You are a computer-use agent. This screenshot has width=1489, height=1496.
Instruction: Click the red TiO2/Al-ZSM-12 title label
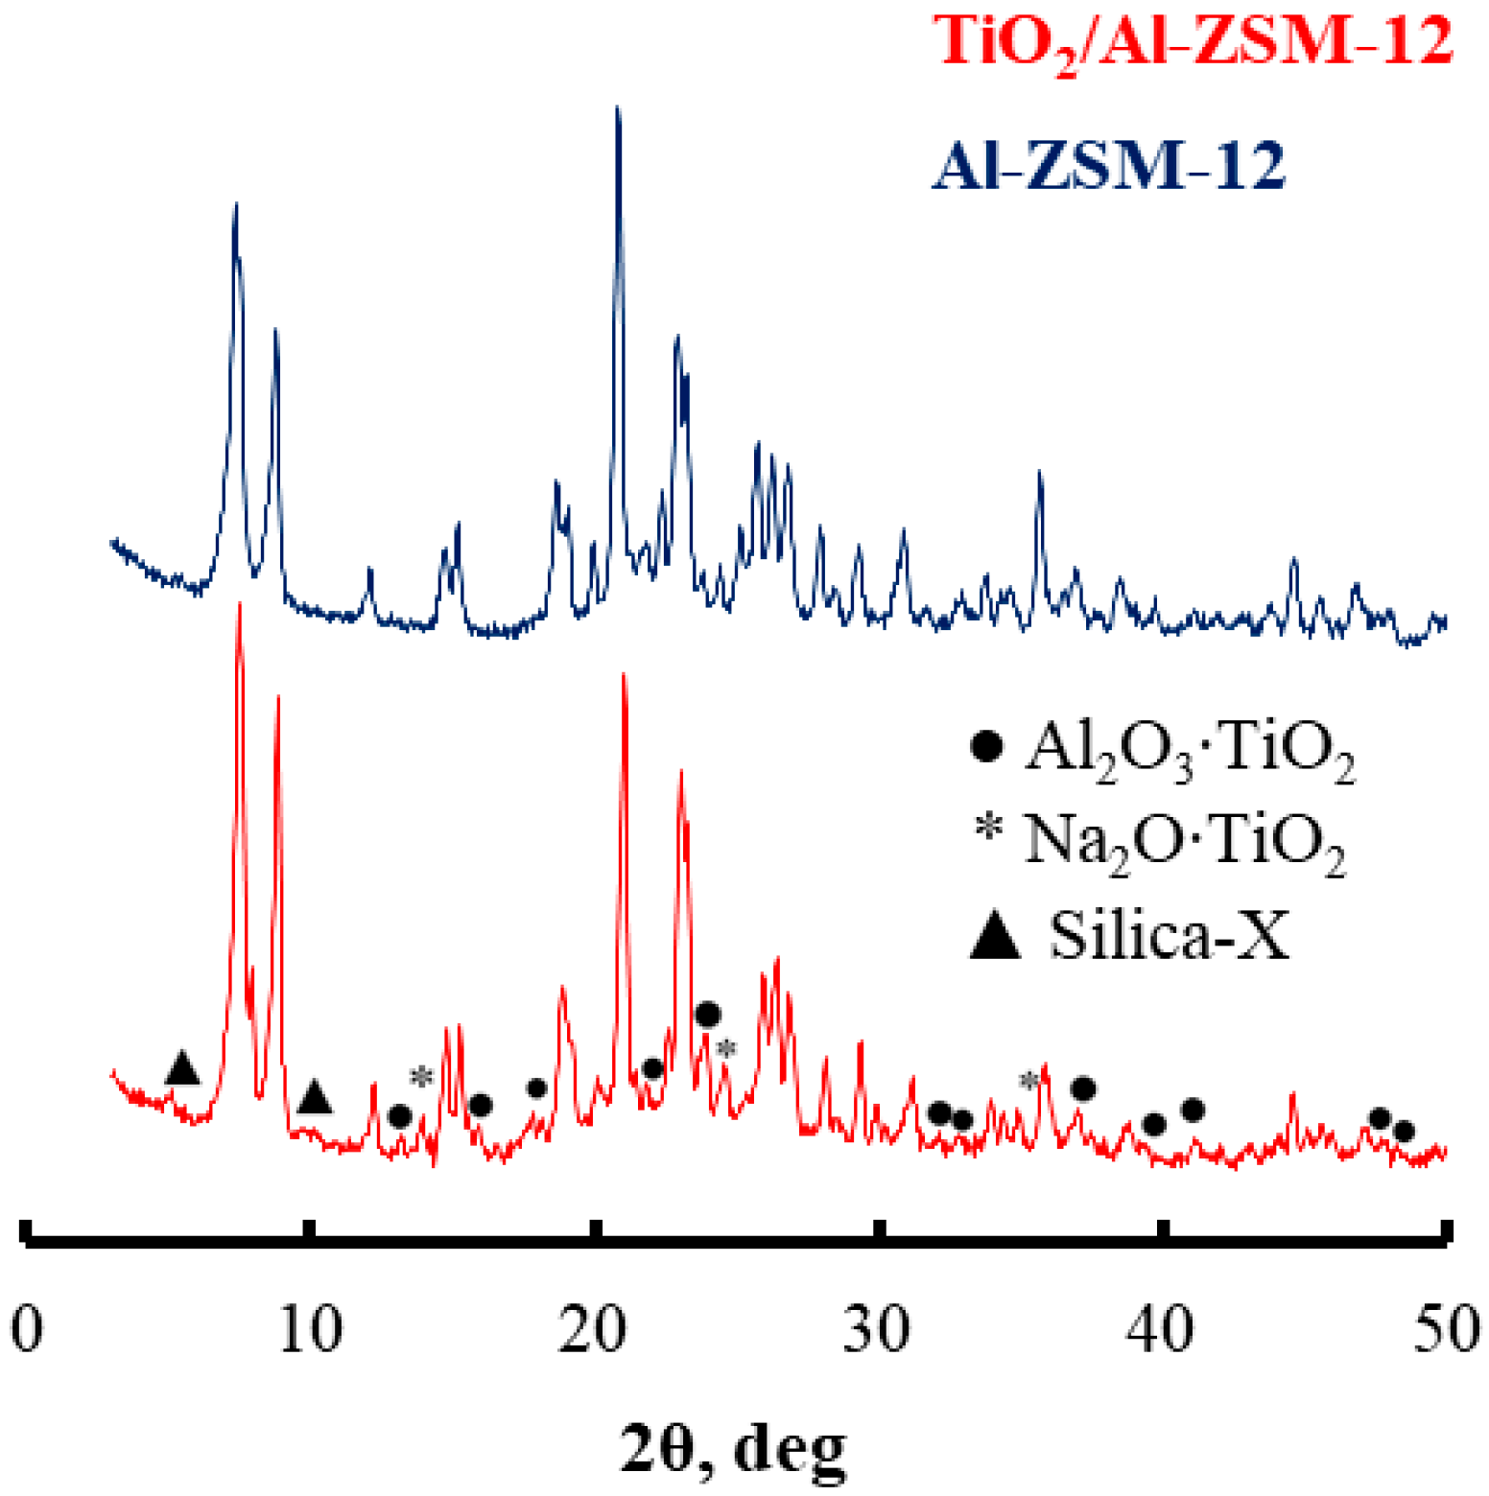click(x=1194, y=44)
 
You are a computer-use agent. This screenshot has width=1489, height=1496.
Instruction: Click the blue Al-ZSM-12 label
click(x=1109, y=166)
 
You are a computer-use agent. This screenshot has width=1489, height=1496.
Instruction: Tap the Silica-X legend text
click(x=1170, y=934)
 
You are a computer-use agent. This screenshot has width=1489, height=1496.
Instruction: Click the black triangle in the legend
click(x=995, y=936)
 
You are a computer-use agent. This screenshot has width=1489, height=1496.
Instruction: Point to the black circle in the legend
click(x=987, y=746)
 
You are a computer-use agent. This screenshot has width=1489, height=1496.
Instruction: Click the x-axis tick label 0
click(x=27, y=1331)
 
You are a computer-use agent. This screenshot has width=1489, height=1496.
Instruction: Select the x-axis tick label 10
click(x=310, y=1331)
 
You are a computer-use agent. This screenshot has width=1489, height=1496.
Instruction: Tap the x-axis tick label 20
click(x=593, y=1331)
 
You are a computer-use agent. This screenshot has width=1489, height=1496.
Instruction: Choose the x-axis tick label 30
click(x=877, y=1331)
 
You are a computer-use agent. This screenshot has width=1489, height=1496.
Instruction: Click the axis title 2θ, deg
click(x=735, y=1448)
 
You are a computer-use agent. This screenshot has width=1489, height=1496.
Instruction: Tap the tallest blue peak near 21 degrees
click(x=618, y=110)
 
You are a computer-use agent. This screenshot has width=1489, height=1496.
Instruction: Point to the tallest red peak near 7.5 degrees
click(x=239, y=606)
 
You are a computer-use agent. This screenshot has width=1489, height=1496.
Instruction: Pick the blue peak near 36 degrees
click(x=1039, y=475)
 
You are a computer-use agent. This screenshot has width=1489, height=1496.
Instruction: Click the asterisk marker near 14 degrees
click(x=421, y=1077)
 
